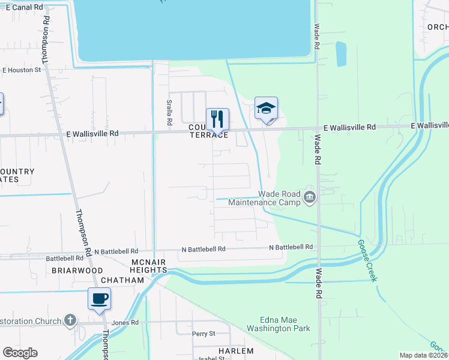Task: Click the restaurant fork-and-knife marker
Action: click(x=218, y=118)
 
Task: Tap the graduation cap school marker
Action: click(x=266, y=108)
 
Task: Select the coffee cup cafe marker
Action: click(x=99, y=298)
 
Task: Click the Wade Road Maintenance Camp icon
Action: click(x=310, y=197)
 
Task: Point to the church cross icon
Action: click(x=70, y=320)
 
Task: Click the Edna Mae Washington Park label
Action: click(x=277, y=325)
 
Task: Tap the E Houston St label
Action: click(x=21, y=70)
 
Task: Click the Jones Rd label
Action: click(x=125, y=322)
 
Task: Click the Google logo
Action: click(x=20, y=353)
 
